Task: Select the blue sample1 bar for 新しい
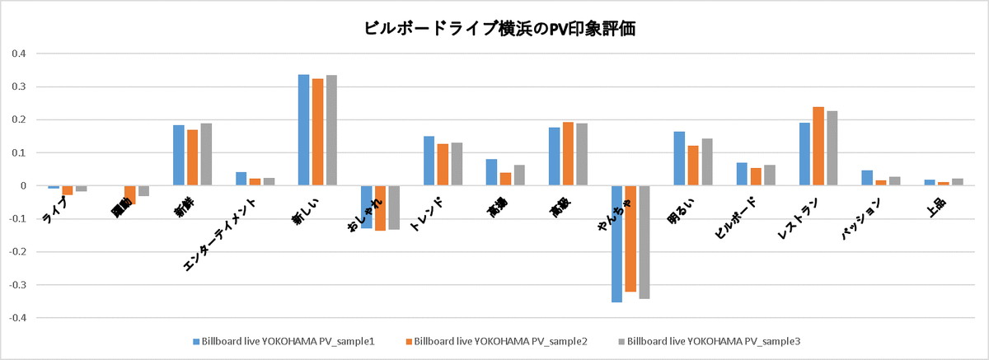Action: pyautogui.click(x=303, y=130)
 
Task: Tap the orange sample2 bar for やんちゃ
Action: pyautogui.click(x=630, y=239)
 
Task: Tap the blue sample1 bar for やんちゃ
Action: pyautogui.click(x=616, y=244)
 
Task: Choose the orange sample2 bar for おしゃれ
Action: pyautogui.click(x=380, y=208)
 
